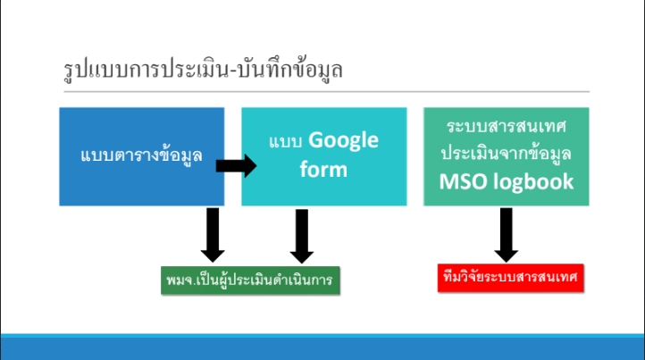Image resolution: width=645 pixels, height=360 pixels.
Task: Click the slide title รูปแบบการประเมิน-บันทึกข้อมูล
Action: tap(203, 69)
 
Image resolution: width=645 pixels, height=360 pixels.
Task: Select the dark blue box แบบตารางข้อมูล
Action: tap(141, 156)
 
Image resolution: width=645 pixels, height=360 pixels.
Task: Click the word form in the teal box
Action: tap(323, 170)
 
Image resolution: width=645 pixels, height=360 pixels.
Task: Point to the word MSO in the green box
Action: tap(463, 181)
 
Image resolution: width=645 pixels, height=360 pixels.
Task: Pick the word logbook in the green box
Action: tap(533, 182)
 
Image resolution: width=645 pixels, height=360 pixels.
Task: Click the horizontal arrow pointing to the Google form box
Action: tap(236, 166)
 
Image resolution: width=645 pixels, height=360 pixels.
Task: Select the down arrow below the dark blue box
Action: tap(213, 235)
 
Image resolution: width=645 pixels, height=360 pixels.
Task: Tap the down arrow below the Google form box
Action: tap(302, 236)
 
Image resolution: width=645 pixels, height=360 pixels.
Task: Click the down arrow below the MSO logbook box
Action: tap(506, 235)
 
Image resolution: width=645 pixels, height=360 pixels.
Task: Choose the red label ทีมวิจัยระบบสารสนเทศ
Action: tap(510, 278)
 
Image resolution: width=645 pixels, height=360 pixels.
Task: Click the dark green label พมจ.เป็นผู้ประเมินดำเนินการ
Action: tap(250, 280)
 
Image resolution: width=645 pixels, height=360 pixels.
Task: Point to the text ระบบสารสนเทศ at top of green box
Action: tap(507, 126)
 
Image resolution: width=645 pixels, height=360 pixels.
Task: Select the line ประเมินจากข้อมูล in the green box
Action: tap(506, 154)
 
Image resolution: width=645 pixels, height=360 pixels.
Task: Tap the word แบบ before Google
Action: tap(286, 142)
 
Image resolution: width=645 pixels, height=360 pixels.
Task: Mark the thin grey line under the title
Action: tap(327, 92)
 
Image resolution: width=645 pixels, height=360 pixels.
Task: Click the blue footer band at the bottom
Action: tap(322, 347)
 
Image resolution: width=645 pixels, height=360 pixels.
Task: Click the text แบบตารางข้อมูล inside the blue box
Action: tap(141, 156)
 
